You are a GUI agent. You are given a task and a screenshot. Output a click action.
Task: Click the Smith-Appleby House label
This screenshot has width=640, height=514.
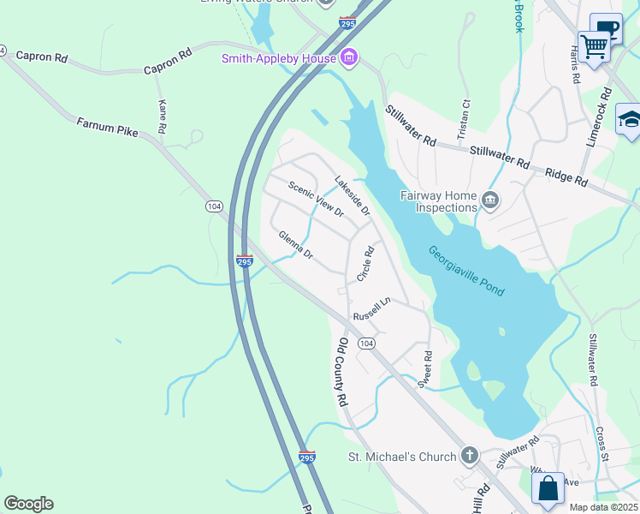point(278,58)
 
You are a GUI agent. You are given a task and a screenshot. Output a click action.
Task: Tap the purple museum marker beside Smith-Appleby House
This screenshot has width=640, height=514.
point(348,58)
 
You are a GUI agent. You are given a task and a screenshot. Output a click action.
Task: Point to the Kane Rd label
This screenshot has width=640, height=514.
point(161,117)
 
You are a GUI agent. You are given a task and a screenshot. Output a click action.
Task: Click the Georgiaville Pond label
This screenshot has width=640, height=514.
point(466,272)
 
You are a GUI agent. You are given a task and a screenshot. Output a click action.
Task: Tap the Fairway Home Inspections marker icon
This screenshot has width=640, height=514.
point(490,200)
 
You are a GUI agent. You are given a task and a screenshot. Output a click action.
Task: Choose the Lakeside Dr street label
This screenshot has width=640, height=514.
point(352,195)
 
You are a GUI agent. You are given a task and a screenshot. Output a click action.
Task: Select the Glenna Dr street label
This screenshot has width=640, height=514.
point(296,244)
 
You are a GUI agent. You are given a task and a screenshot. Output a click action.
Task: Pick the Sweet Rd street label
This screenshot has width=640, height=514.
point(424,369)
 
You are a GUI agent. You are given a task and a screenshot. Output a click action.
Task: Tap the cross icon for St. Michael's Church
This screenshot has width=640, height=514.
point(469,456)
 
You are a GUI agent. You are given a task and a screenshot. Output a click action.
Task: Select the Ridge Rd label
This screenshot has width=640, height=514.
point(568,177)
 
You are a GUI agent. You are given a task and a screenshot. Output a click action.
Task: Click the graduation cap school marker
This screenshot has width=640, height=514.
point(630,119)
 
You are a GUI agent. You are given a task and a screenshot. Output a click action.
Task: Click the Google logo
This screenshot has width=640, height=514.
point(28,504)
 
